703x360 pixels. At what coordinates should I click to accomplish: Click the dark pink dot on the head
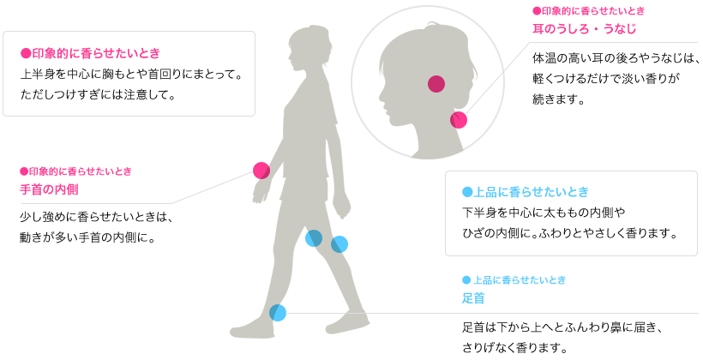click(x=436, y=84)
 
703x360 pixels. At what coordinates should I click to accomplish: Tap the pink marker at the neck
click(x=460, y=120)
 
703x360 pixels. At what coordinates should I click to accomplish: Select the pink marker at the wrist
click(x=261, y=170)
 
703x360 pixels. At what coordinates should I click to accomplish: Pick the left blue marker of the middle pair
click(x=313, y=237)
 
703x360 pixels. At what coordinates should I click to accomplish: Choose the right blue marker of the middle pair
click(x=340, y=244)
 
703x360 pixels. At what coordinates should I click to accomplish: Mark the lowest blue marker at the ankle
click(x=279, y=313)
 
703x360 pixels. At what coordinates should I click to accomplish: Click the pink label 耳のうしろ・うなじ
click(x=584, y=29)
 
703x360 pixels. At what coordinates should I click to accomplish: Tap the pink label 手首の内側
click(x=49, y=189)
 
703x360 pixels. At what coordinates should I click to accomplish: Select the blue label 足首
click(x=473, y=298)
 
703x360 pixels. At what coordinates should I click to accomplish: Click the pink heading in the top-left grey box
click(x=90, y=53)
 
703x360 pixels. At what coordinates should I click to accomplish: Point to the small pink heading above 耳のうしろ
click(x=588, y=11)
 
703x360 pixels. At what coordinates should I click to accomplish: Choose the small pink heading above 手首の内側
click(x=75, y=171)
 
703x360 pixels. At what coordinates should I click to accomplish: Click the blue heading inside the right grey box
click(x=526, y=192)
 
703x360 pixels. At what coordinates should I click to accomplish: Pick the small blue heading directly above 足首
click(x=514, y=280)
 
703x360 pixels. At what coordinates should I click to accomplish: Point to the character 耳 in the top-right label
click(x=538, y=29)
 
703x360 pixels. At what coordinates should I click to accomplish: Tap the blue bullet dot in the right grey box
click(x=467, y=192)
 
